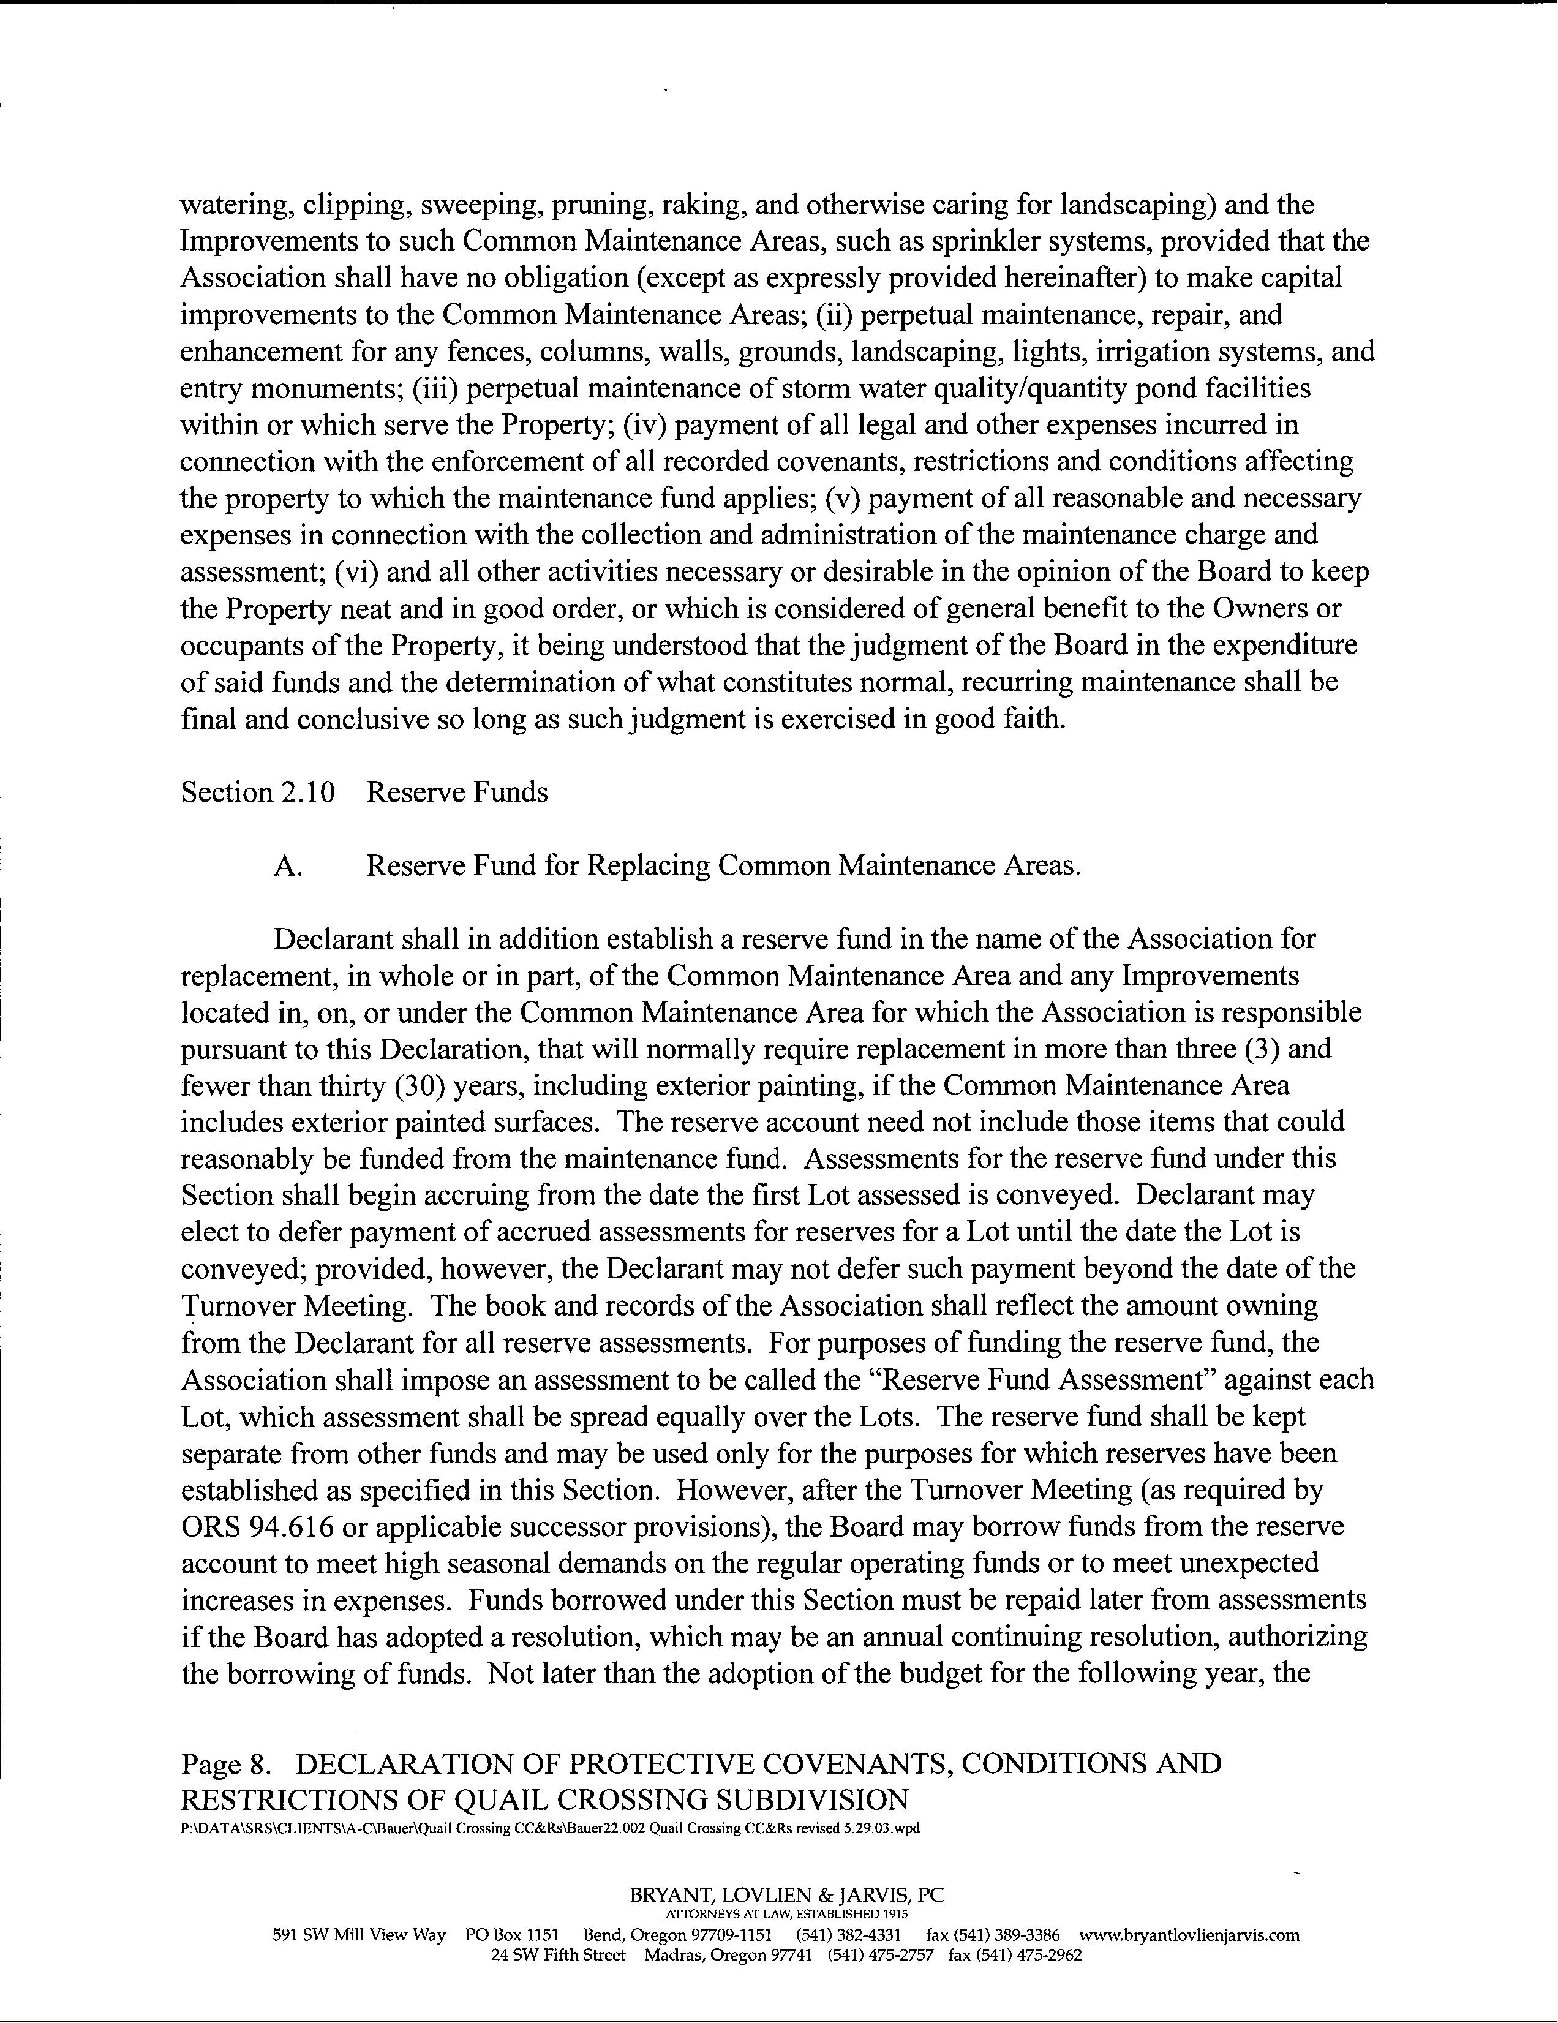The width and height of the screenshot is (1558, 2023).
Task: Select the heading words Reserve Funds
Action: tap(457, 793)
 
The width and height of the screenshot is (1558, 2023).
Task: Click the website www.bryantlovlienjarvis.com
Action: tap(1189, 1935)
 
